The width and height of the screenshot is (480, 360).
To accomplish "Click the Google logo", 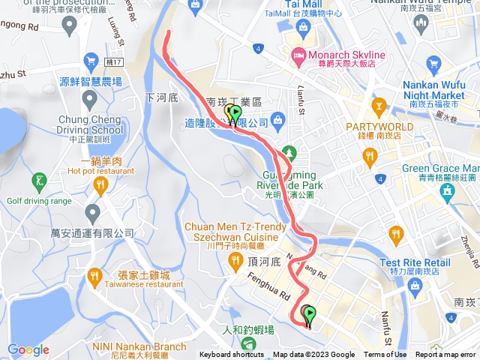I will (x=28, y=349).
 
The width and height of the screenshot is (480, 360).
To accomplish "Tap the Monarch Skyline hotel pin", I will (x=298, y=55).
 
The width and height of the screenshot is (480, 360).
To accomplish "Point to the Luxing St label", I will (x=115, y=31).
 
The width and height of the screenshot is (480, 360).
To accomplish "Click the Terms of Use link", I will (x=385, y=355).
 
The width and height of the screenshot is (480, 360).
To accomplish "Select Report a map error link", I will (x=446, y=355).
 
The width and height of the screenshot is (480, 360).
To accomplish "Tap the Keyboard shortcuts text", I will (x=231, y=355).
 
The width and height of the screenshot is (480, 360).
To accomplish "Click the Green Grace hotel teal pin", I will (x=447, y=190).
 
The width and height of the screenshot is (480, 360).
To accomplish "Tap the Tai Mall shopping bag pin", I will (x=304, y=28).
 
